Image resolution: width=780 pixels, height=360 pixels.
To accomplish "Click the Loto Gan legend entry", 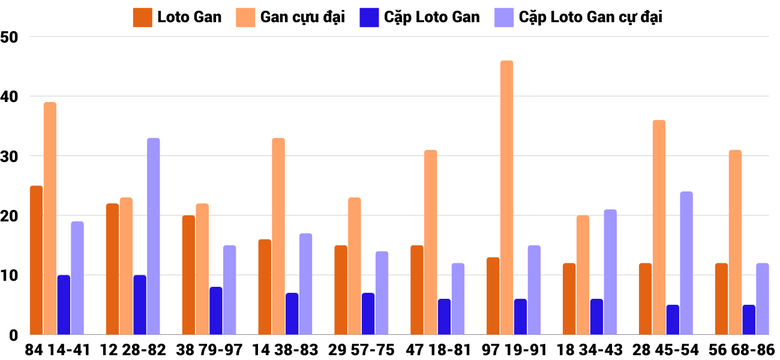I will [178, 17].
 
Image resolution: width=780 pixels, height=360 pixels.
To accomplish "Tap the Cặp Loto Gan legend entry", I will [420, 17].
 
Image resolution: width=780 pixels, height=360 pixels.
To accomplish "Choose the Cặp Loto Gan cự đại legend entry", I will [578, 17].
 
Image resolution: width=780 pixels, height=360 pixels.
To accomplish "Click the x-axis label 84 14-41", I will [58, 350].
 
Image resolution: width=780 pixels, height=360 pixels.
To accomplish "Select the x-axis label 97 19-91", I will [514, 350].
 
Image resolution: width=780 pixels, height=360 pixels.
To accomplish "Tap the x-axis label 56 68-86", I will [742, 350].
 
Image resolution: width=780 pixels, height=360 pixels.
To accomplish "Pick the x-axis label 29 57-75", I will [362, 350].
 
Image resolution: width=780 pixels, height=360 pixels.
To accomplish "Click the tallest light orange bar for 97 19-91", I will [507, 197].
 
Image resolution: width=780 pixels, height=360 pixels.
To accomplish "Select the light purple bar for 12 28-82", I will [154, 236].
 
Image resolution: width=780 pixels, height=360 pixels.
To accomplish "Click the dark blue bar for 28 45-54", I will [673, 320].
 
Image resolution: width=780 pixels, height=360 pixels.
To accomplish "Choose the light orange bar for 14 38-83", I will [278, 236].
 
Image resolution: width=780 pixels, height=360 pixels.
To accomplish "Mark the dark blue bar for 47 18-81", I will [445, 317].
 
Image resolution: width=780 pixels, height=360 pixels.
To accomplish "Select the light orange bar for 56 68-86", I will [735, 242].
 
